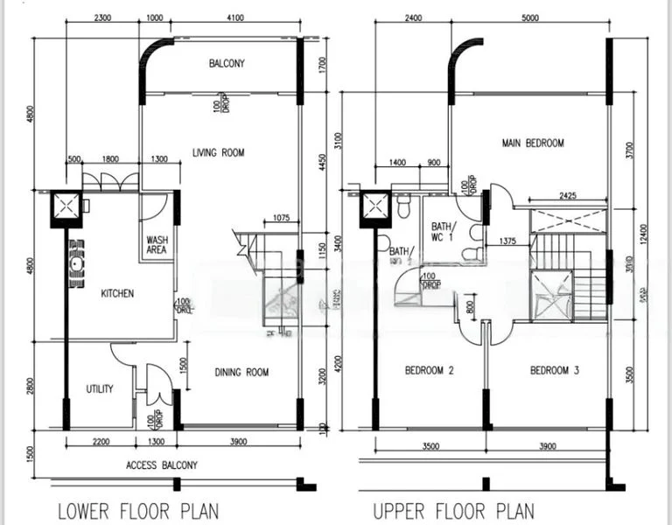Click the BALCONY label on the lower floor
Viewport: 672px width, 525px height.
[227, 63]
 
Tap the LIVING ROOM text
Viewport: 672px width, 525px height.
[219, 153]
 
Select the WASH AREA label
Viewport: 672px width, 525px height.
[157, 244]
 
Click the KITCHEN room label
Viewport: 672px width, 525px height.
[116, 294]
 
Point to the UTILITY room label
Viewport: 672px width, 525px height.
[99, 388]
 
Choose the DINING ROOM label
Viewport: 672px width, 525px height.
[241, 373]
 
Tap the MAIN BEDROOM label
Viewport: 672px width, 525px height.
[532, 143]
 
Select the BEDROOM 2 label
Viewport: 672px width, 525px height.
[429, 371]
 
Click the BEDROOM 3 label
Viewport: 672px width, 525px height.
[555, 371]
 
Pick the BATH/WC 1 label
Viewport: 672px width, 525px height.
[442, 231]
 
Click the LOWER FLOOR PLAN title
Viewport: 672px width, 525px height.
[138, 510]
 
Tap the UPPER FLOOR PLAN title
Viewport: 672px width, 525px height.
[453, 510]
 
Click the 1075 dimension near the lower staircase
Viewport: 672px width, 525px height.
[281, 218]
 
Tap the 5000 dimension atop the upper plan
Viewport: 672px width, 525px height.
[529, 18]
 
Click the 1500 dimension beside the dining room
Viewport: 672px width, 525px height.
[182, 364]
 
